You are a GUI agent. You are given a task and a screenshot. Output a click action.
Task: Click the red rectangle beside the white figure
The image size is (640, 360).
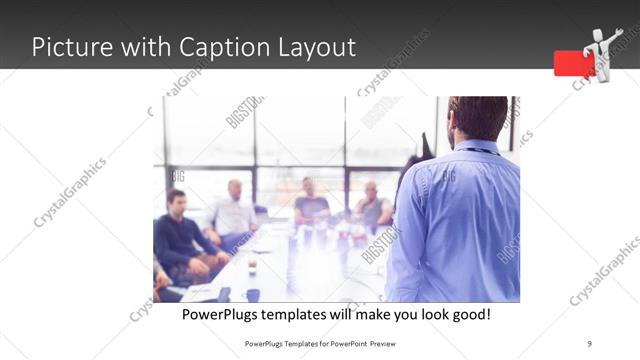click(574, 62)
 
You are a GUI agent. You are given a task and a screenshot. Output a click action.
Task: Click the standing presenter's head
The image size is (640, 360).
click(478, 118)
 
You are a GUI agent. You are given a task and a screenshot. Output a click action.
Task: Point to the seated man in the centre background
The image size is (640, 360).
click(310, 202)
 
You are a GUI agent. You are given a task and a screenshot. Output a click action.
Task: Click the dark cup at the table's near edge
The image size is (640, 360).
click(253, 295)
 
